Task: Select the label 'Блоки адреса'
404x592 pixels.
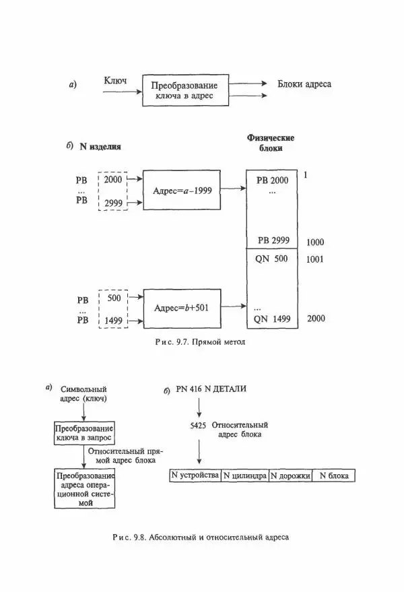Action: click(304, 85)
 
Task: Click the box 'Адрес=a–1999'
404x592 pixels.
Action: click(182, 191)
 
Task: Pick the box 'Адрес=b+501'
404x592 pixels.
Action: click(182, 308)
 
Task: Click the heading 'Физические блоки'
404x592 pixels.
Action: click(271, 143)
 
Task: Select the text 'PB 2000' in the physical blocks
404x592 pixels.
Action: click(272, 180)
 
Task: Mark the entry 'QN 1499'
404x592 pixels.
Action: click(271, 319)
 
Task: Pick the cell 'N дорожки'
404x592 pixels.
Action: click(290, 476)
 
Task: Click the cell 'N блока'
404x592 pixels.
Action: click(333, 476)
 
